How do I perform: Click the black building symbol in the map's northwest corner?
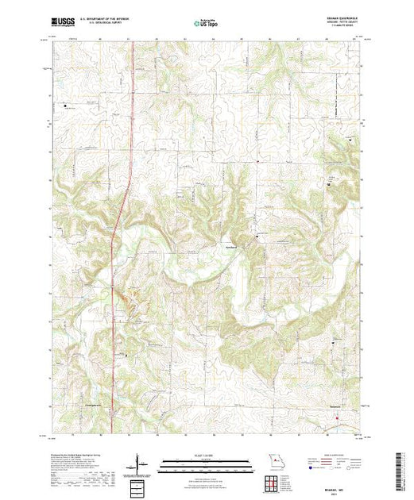coord(66,104)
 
